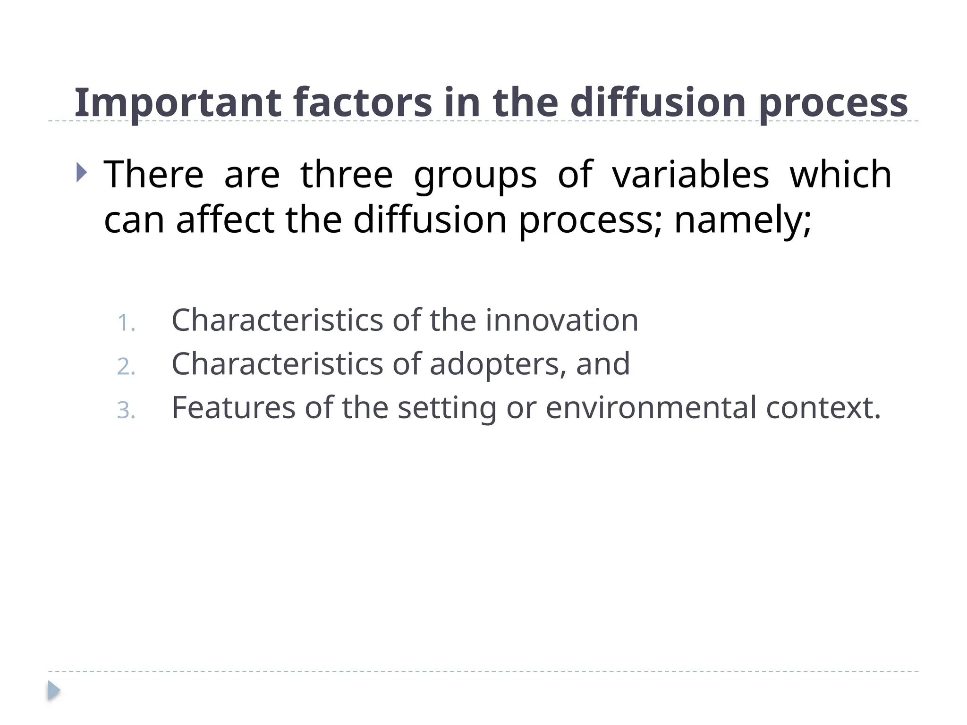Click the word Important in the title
point(178,102)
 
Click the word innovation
point(562,320)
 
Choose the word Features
point(233,407)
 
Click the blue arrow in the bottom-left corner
point(53,691)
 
